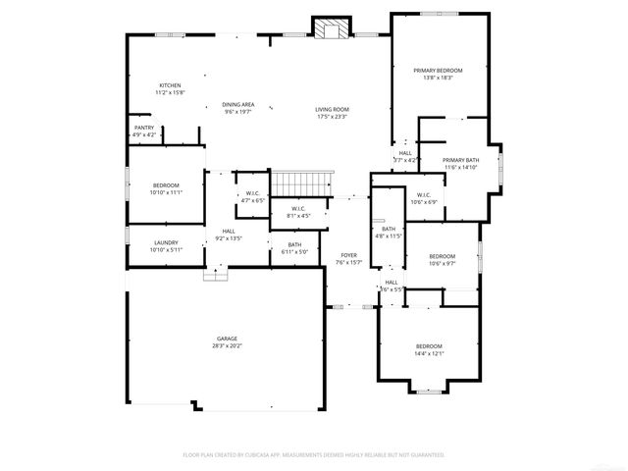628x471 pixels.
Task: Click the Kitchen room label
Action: pyautogui.click(x=170, y=88)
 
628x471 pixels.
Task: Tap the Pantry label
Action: pyautogui.click(x=143, y=131)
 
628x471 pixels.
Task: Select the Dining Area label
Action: pyautogui.click(x=238, y=108)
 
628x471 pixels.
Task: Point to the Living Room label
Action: pyautogui.click(x=332, y=113)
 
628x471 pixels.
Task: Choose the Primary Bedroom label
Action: pyautogui.click(x=438, y=74)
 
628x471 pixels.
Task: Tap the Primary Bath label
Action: pyautogui.click(x=460, y=163)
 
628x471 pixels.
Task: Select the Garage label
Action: pyautogui.click(x=228, y=341)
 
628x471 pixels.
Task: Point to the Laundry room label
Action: pyautogui.click(x=165, y=245)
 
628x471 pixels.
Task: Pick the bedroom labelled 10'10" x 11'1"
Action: pyautogui.click(x=166, y=188)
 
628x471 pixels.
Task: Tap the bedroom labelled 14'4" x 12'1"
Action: pyautogui.click(x=430, y=349)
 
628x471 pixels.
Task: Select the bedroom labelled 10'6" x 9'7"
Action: pyautogui.click(x=443, y=259)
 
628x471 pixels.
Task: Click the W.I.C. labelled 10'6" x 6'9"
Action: pyautogui.click(x=424, y=198)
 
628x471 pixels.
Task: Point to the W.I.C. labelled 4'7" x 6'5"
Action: pyautogui.click(x=252, y=196)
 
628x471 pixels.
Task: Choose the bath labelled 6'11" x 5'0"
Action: pyautogui.click(x=294, y=248)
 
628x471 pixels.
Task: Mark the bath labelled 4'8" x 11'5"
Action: pyautogui.click(x=390, y=232)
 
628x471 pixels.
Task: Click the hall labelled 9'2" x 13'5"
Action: pyautogui.click(x=228, y=235)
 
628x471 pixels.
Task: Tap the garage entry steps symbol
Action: pyautogui.click(x=215, y=275)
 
